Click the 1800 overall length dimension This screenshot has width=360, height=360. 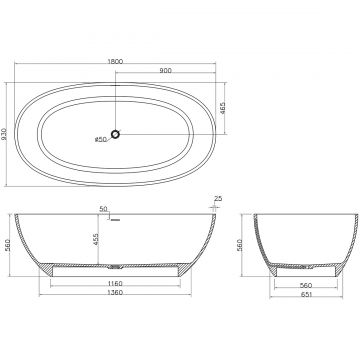click(115, 61)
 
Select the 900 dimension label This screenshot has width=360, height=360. click(165, 70)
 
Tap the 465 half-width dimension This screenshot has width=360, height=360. click(223, 108)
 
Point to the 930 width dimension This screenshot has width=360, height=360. click(4, 134)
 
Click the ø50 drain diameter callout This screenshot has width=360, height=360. click(100, 139)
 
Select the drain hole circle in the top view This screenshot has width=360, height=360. click(115, 134)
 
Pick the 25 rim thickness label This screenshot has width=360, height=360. click(218, 199)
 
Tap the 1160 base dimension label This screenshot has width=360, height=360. click(115, 284)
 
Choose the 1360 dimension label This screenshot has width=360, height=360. click(115, 293)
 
